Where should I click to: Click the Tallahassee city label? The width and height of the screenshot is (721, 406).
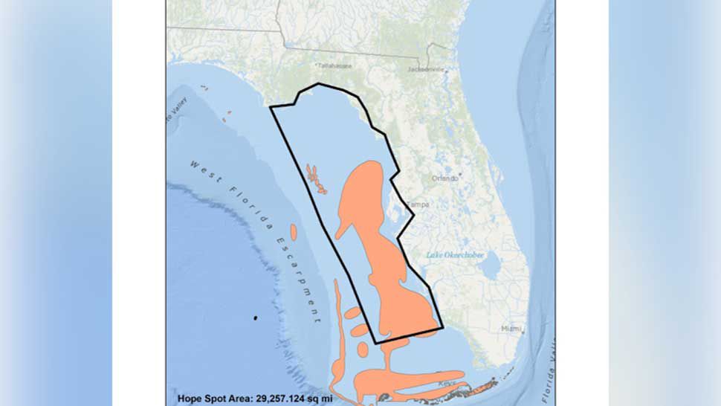tap(337, 65)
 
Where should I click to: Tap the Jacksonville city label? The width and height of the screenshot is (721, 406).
tap(427, 69)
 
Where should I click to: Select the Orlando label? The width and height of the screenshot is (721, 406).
tap(446, 178)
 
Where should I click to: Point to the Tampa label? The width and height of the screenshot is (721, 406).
tap(418, 204)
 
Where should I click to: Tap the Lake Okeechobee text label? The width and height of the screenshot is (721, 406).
tap(455, 255)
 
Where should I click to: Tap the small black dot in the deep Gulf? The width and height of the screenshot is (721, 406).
tap(256, 318)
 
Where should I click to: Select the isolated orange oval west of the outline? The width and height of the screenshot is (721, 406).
tap(294, 232)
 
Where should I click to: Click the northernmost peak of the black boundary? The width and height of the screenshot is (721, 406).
tap(320, 84)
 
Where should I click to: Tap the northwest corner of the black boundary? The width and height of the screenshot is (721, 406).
tap(271, 108)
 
